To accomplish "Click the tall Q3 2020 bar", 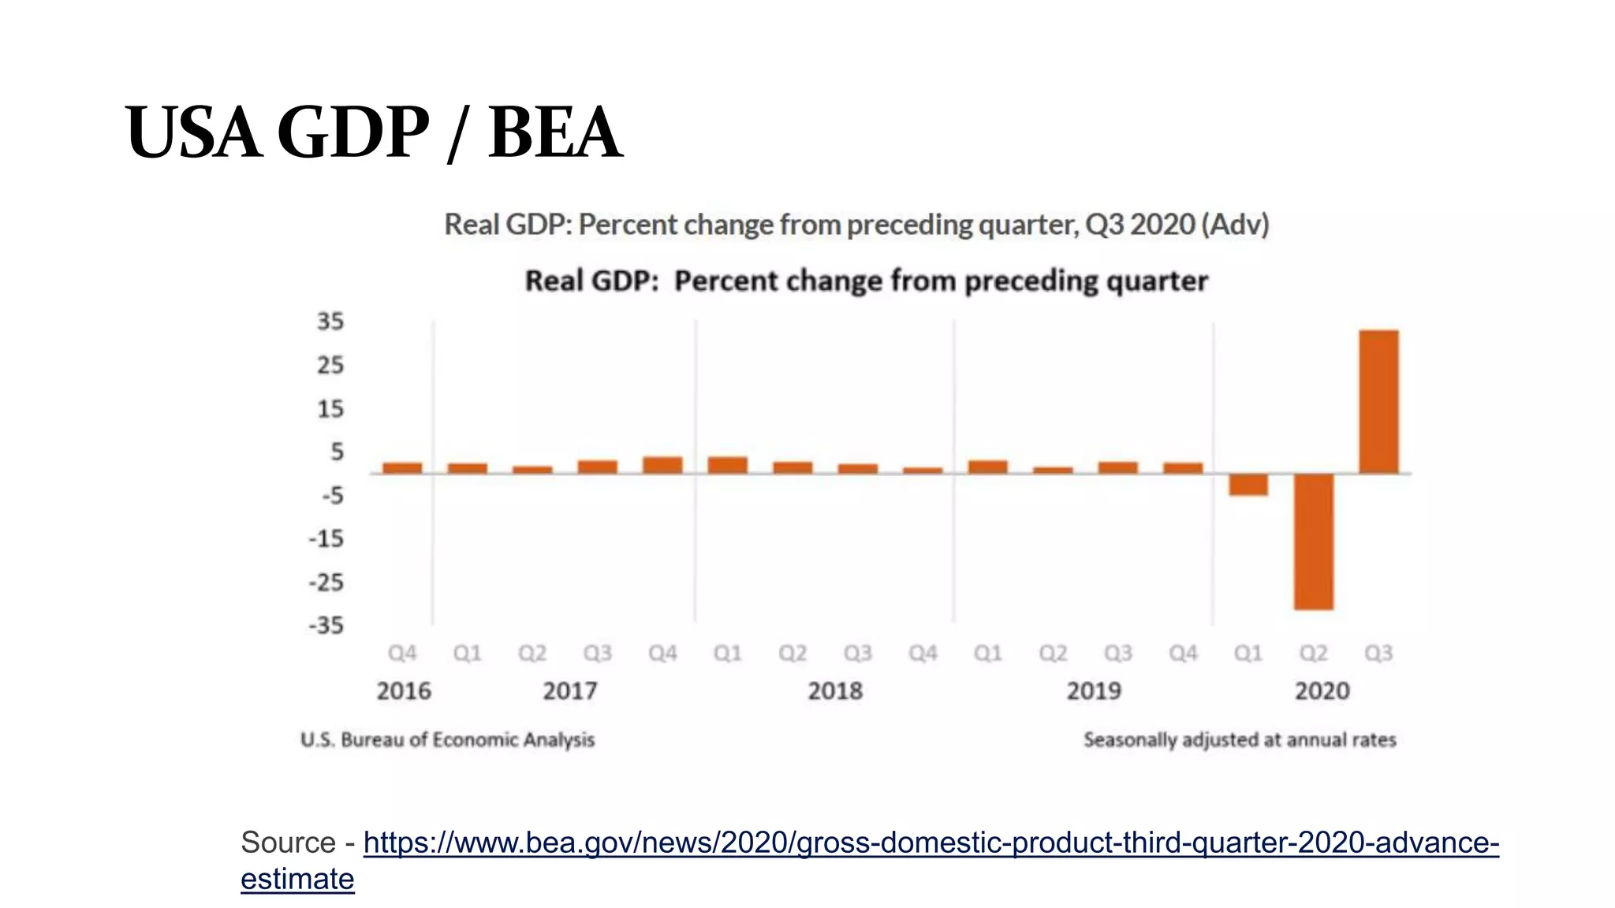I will (1378, 402).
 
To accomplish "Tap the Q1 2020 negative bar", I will (1248, 485).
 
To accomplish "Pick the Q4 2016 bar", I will (402, 467).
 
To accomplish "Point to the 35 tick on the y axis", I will (330, 322).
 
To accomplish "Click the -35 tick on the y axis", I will (326, 626).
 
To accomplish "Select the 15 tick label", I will (330, 409).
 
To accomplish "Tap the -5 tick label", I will (333, 496).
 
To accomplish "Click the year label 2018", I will (835, 691).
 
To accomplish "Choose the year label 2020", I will (1322, 691).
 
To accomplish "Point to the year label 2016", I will (404, 691).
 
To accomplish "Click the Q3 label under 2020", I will (1378, 653).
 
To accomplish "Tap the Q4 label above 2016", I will (402, 653).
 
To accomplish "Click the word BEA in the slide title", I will (555, 132).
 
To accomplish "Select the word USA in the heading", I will (193, 132).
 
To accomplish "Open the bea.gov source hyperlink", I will (931, 843).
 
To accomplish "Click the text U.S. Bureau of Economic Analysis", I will (447, 740).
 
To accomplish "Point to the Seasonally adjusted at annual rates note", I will (1240, 740).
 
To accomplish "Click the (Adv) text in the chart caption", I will (1235, 225).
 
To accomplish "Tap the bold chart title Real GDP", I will (591, 281).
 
